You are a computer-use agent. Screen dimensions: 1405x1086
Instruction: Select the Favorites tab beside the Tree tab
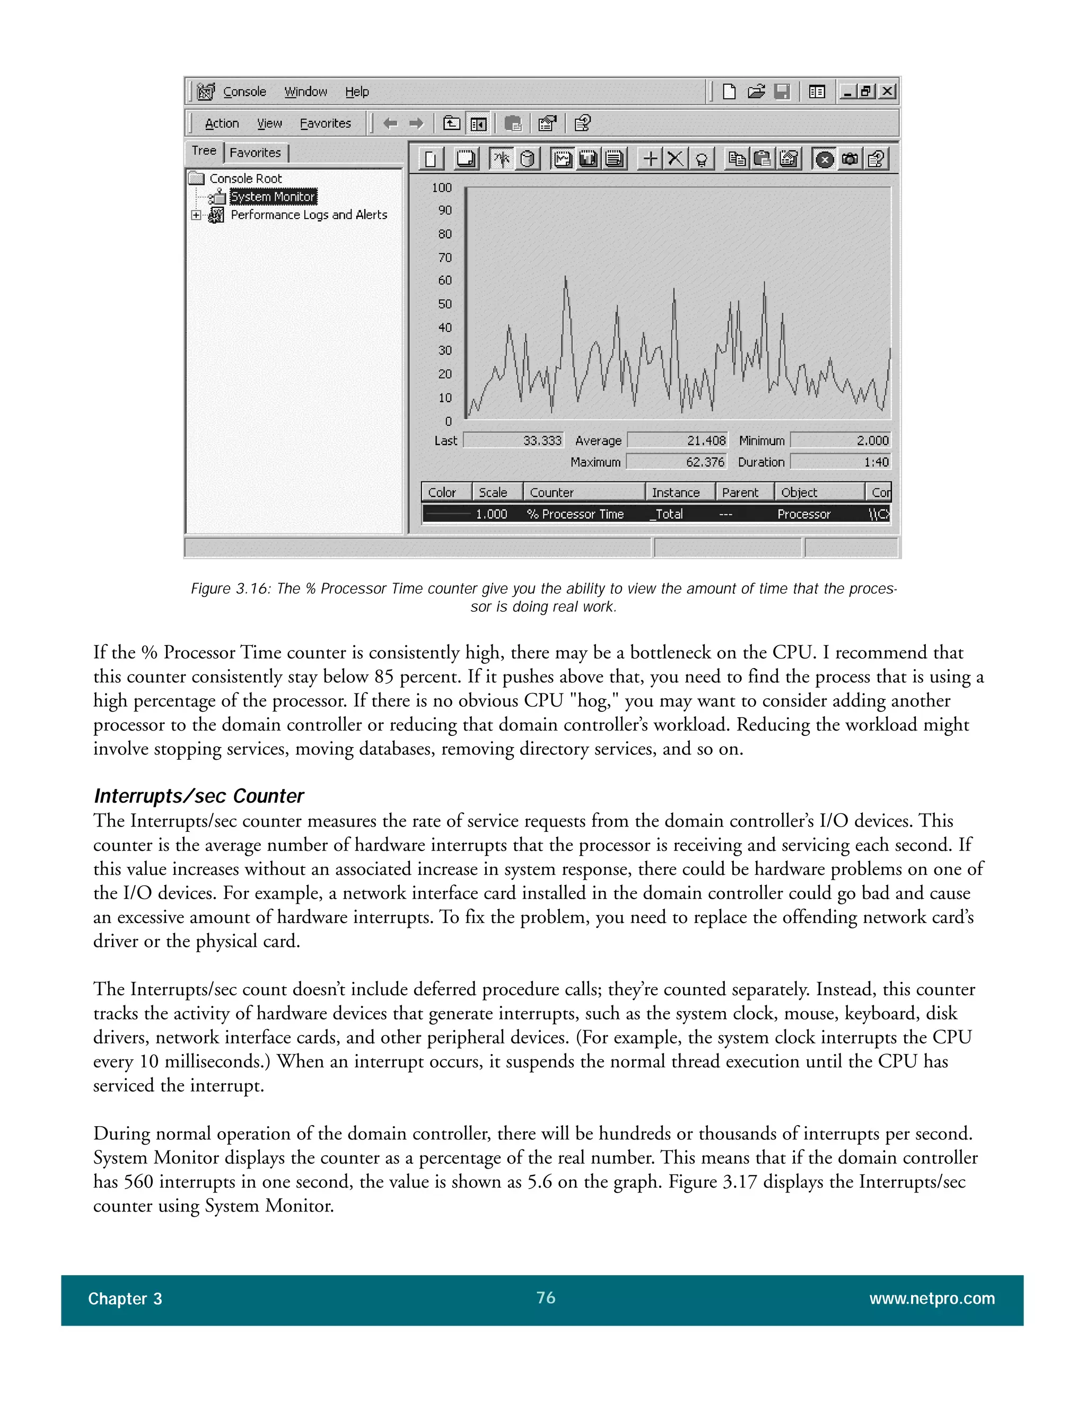(256, 153)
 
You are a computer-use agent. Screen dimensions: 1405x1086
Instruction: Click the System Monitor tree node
(273, 197)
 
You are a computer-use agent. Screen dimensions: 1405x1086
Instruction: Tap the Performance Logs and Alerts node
(309, 215)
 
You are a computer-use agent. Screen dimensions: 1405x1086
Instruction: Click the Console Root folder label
(245, 179)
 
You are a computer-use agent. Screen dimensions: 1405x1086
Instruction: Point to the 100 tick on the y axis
(442, 188)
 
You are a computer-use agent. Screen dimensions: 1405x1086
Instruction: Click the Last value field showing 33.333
(513, 441)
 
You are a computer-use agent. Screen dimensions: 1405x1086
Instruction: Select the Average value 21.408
(678, 441)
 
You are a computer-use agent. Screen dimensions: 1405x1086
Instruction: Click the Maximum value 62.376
(676, 462)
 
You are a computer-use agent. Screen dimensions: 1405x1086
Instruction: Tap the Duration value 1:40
(840, 462)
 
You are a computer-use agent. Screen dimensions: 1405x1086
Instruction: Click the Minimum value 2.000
(840, 441)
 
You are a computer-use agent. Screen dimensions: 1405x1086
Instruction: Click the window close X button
(887, 91)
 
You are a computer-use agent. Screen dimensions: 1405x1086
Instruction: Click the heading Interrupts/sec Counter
(199, 796)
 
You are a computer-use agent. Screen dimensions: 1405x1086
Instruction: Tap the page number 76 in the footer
(546, 1297)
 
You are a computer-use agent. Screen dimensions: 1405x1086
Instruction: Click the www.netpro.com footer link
(932, 1299)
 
